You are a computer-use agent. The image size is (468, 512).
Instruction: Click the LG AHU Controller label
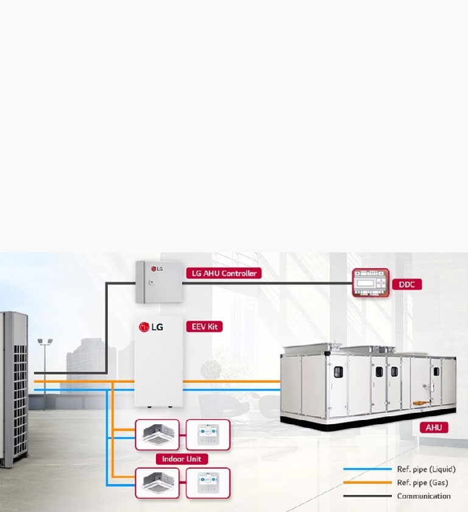tap(224, 273)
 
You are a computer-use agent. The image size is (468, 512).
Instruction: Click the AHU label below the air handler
tap(434, 428)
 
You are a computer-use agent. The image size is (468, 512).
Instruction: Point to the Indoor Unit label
tap(182, 458)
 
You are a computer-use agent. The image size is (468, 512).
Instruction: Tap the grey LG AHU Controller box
tap(158, 282)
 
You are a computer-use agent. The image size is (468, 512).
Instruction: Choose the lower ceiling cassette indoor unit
tap(157, 483)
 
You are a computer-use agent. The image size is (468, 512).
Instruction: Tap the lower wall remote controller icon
tap(207, 483)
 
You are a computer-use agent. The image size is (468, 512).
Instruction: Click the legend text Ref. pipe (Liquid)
tap(426, 469)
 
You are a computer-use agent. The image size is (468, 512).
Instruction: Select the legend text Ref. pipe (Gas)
tap(422, 482)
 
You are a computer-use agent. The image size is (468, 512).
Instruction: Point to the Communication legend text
tap(424, 496)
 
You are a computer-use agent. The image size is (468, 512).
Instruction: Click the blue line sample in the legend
tap(367, 469)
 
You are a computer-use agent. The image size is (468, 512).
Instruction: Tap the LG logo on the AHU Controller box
tap(159, 268)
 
